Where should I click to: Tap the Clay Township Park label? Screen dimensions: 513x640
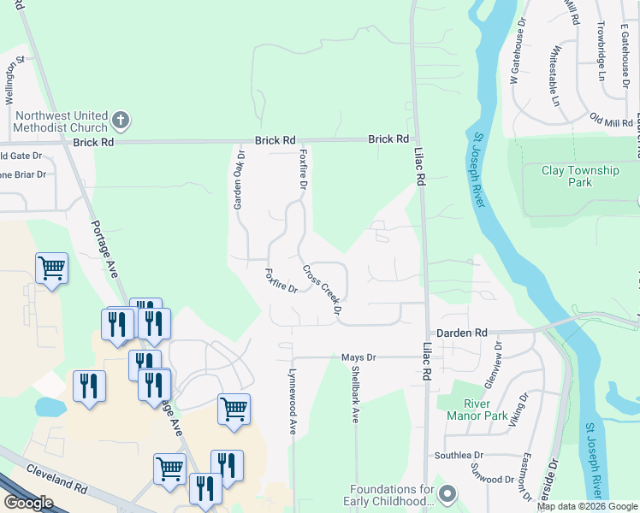pyautogui.click(x=580, y=176)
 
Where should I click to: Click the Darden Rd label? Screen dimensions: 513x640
pyautogui.click(x=461, y=332)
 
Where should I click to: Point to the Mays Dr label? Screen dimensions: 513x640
pyautogui.click(x=359, y=357)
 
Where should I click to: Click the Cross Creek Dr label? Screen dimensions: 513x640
pyautogui.click(x=322, y=288)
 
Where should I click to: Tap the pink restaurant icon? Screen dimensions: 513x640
pyautogui.click(x=89, y=386)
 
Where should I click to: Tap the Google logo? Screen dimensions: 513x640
pyautogui.click(x=28, y=503)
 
